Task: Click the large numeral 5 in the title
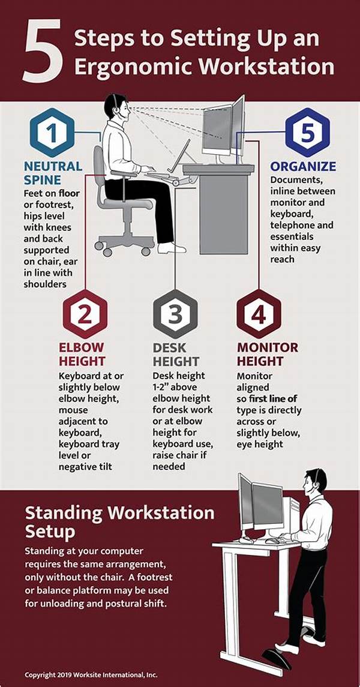pos(43,50)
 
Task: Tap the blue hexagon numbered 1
pos(53,133)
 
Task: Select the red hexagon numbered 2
pos(85,314)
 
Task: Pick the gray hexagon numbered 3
pos(175,314)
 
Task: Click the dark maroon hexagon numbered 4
pos(259,314)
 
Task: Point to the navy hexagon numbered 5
pos(307,133)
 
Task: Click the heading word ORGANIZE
pos(303,166)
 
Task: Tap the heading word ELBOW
pos(82,347)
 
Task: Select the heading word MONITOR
pos(268,347)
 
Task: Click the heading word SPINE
pos(43,180)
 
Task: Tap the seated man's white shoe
pos(172,248)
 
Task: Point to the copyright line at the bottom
pos(91,675)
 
